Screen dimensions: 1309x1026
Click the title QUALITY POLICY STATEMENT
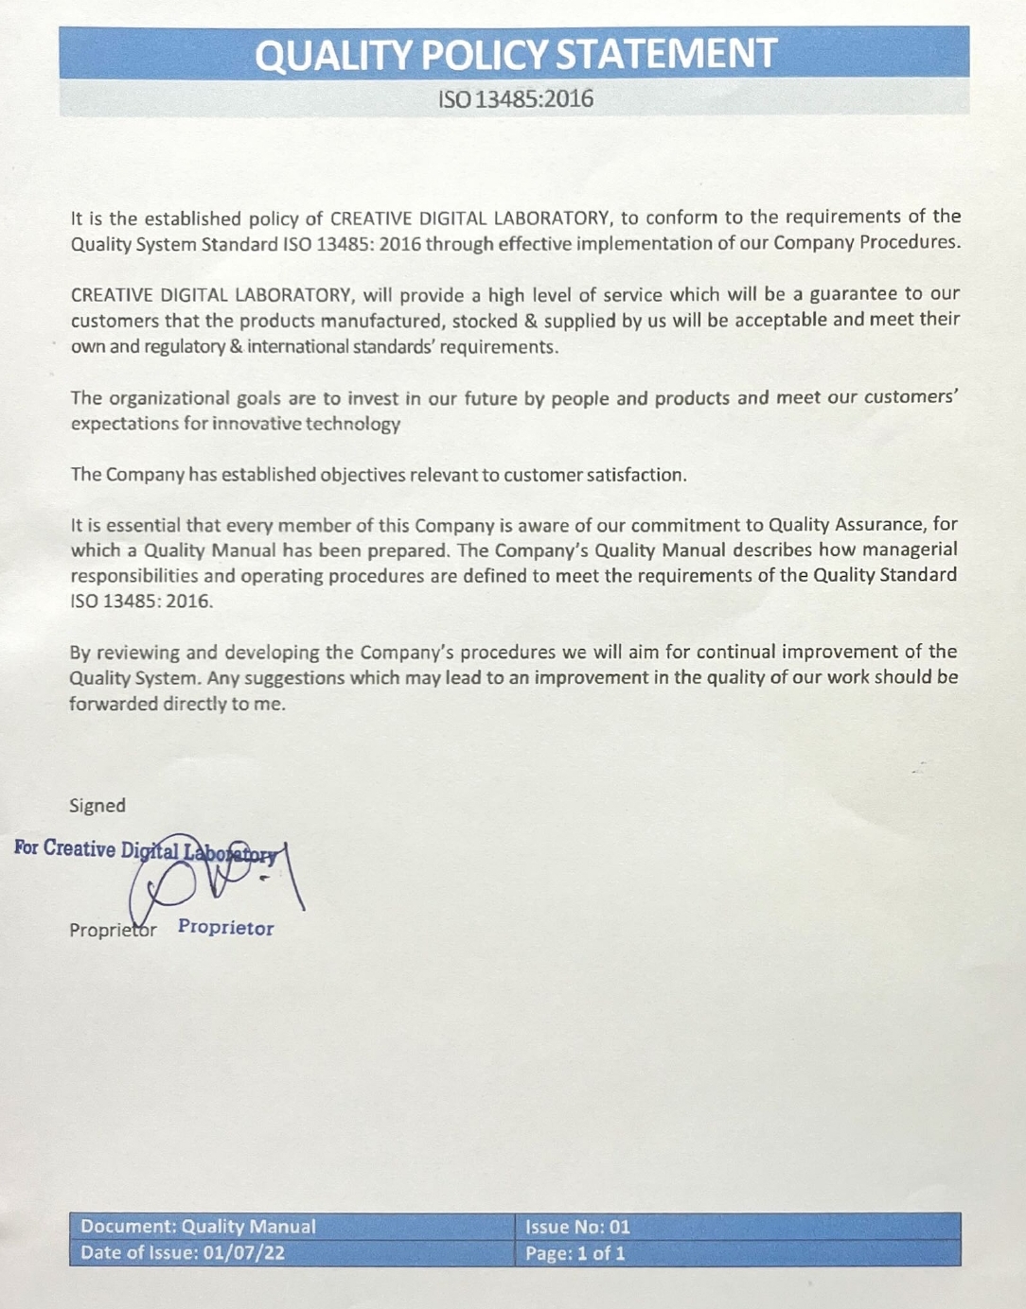[x=515, y=55]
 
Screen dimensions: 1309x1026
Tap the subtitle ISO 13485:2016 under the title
[x=515, y=98]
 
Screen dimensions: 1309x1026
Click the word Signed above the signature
[x=97, y=805]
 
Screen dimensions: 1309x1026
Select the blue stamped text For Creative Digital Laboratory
[x=146, y=849]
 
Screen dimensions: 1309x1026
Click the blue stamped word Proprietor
[x=225, y=928]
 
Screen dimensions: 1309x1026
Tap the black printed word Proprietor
[x=112, y=930]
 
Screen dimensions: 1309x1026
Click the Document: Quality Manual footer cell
[x=198, y=1227]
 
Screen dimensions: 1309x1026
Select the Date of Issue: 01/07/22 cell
[x=182, y=1253]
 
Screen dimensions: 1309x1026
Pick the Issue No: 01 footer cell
[x=577, y=1227]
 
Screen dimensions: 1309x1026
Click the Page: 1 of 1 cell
[x=575, y=1254]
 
